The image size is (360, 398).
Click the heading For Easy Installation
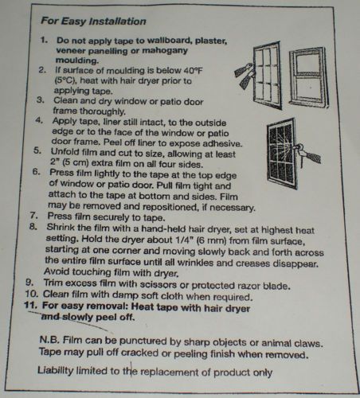pyautogui.click(x=93, y=21)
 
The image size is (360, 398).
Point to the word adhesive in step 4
pyautogui.click(x=222, y=143)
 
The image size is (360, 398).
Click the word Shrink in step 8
pyautogui.click(x=60, y=228)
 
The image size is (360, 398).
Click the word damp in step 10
pyautogui.click(x=122, y=295)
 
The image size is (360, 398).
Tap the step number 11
pyautogui.click(x=31, y=305)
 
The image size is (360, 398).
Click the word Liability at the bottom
pyautogui.click(x=55, y=370)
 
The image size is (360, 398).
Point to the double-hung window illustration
pyautogui.click(x=309, y=77)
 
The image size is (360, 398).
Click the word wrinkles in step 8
pyautogui.click(x=195, y=263)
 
